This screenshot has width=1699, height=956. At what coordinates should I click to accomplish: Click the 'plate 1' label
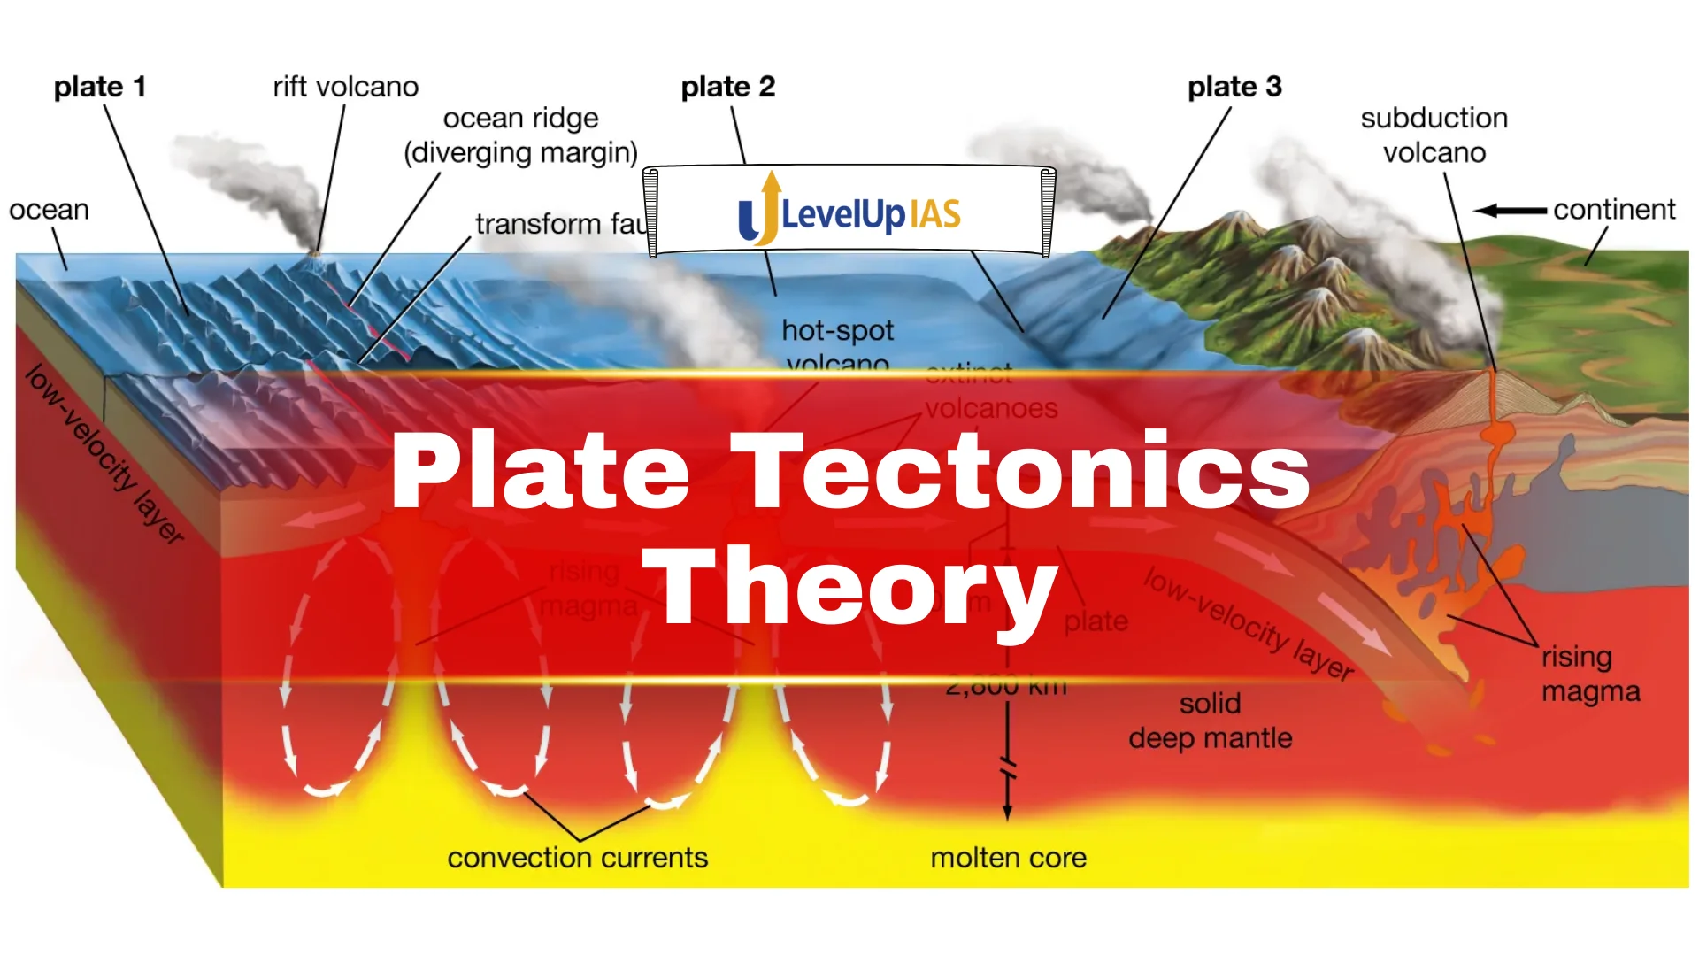(x=99, y=87)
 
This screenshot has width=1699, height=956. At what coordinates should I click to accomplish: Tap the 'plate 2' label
(x=727, y=87)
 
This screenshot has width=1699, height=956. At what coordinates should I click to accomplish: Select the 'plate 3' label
(x=1234, y=87)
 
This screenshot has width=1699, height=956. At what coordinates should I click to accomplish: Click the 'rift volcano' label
(x=345, y=87)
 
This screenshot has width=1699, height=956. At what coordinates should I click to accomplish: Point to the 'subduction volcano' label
(x=1434, y=135)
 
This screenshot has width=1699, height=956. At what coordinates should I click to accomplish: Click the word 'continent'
(x=1613, y=210)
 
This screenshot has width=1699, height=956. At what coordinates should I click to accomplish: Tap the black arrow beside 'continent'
(x=1510, y=211)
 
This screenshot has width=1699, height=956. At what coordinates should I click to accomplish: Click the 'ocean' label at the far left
(x=49, y=210)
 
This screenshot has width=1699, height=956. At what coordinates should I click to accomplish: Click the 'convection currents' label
(x=577, y=858)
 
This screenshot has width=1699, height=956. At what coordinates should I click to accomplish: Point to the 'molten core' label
(x=1008, y=858)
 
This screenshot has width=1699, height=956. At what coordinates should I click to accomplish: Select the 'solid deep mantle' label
(x=1210, y=721)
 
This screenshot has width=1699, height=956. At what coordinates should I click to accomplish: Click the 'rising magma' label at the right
(x=1590, y=674)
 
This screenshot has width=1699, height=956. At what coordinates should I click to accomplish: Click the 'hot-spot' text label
(x=837, y=331)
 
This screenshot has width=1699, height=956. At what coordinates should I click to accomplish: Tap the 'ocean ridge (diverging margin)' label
(x=520, y=135)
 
